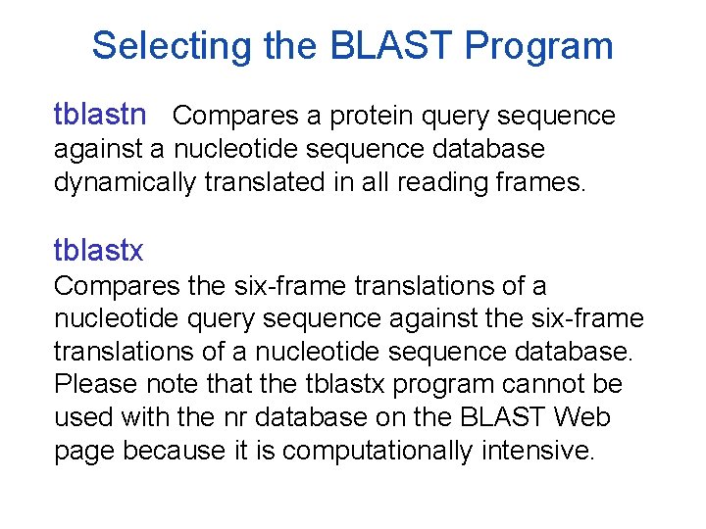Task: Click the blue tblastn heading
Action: pos(100,116)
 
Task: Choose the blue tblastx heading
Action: pos(98,251)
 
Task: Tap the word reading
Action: pos(442,182)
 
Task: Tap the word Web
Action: pos(582,418)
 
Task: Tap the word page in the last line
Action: pos(83,453)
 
